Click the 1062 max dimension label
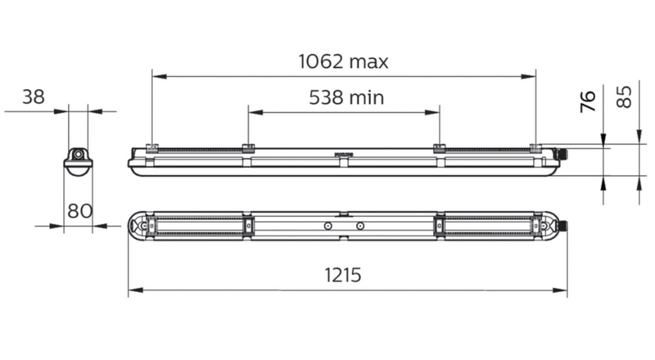click(343, 62)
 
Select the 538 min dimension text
click(346, 97)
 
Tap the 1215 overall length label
click(343, 275)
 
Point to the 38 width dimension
click(34, 97)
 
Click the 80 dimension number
click(79, 211)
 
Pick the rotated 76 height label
click(588, 101)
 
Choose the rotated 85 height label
click(624, 97)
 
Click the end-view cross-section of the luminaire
click(78, 162)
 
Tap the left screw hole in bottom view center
click(328, 226)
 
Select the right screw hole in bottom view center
click(360, 226)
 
